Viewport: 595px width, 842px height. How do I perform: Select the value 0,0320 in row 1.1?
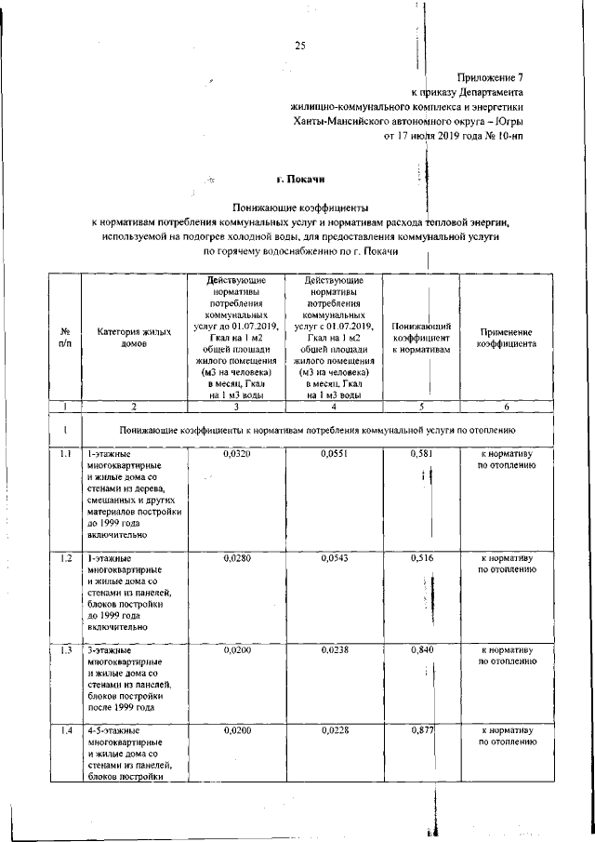point(237,453)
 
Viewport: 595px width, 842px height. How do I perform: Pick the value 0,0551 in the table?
point(334,453)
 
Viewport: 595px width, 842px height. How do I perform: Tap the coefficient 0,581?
point(421,453)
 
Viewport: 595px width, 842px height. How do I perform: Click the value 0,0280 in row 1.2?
point(237,558)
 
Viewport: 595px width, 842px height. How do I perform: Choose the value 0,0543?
point(334,558)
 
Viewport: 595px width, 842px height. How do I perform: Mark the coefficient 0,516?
point(421,558)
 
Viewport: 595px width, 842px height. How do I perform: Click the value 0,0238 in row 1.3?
point(334,650)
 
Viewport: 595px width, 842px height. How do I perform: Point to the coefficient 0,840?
point(421,650)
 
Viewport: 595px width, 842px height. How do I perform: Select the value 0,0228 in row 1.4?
point(334,731)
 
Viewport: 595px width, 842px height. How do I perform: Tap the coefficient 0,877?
point(421,731)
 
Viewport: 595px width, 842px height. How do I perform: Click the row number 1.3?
point(65,650)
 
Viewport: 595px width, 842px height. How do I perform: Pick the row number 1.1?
point(65,453)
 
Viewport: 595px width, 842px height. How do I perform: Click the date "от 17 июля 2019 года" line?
point(454,136)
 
